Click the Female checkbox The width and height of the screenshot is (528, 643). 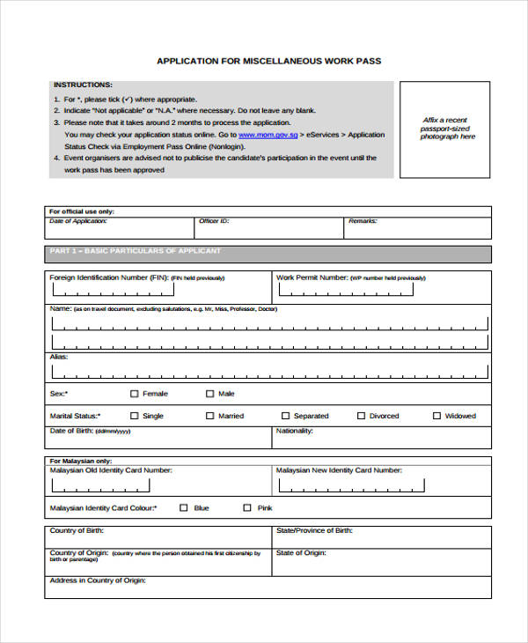tap(134, 394)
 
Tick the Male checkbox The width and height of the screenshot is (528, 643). tap(209, 394)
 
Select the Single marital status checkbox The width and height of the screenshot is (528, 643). tap(134, 416)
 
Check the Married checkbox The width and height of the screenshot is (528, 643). tap(209, 416)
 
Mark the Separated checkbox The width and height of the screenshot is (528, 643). tap(285, 416)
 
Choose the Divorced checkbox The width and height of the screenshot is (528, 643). tap(361, 416)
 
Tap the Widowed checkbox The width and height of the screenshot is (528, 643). tap(436, 416)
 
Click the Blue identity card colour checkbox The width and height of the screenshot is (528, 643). tap(184, 507)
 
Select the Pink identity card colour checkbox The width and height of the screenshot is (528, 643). tap(247, 507)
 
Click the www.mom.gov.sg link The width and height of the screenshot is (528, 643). tap(267, 135)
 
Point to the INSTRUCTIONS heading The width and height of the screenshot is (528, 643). tap(83, 85)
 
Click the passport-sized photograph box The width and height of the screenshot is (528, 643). tap(445, 129)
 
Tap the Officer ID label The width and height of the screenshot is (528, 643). tap(214, 222)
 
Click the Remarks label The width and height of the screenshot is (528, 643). tap(363, 222)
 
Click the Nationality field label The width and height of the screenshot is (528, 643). tap(295, 432)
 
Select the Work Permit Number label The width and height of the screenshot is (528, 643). tap(312, 277)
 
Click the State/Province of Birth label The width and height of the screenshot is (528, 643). tap(314, 531)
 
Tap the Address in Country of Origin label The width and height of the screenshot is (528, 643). tap(98, 581)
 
